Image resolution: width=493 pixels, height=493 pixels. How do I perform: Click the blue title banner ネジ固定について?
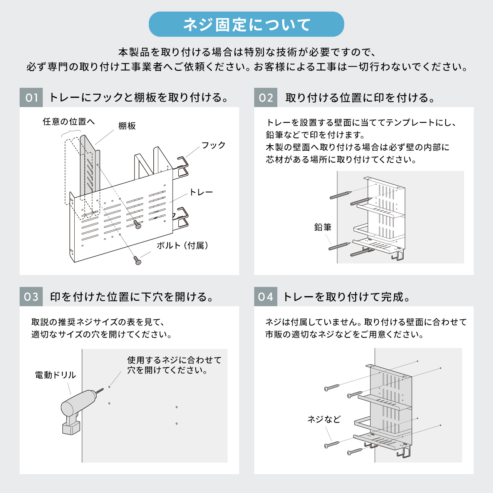point(246,24)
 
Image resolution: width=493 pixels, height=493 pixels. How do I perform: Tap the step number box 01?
point(31,97)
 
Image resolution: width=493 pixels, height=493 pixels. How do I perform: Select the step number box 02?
point(265,97)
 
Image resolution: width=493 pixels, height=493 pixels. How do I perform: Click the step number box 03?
point(31,297)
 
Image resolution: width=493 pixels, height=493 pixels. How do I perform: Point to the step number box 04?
point(265,297)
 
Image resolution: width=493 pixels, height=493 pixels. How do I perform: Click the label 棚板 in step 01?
point(127,126)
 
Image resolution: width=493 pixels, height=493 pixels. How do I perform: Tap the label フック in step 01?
point(213,145)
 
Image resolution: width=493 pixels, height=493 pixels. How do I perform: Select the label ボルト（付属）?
point(183,246)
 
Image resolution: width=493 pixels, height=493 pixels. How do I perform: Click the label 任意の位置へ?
point(69,122)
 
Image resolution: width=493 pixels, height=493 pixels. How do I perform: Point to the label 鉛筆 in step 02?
point(323,227)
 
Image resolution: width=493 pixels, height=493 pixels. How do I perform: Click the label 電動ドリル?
point(55,375)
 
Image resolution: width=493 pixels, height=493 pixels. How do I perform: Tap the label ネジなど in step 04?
point(324,419)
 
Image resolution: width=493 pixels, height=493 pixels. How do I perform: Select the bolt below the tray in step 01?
point(138,260)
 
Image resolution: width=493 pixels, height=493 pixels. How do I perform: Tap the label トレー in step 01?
point(201,192)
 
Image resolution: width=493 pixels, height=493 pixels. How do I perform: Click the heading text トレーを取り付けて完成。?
point(347,297)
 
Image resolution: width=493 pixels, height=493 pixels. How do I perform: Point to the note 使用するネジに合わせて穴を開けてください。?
point(174,365)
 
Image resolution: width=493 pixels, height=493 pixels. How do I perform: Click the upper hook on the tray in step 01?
point(182,166)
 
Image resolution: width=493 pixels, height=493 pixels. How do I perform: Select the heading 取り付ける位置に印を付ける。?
point(360,98)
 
